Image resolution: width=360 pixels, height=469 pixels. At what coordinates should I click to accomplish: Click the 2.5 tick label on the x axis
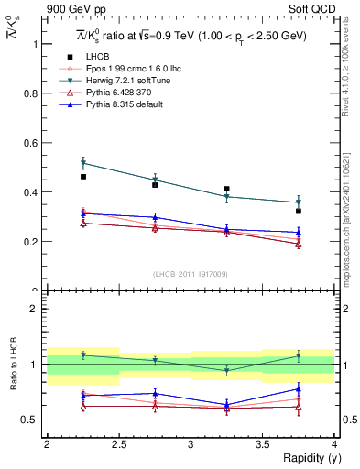(118, 444)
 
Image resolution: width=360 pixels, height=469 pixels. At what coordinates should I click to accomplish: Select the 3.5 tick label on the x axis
(262, 444)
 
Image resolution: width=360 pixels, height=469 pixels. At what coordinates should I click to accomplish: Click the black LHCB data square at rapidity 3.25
(226, 189)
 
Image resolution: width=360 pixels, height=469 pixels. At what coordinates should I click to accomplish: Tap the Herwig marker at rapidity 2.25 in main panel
(83, 163)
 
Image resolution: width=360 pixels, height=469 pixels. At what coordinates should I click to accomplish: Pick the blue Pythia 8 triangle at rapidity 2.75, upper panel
(155, 217)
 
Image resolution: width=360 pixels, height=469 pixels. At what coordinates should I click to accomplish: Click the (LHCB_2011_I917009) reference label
(190, 273)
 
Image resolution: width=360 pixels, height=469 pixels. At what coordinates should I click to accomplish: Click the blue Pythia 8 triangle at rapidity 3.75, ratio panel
(299, 388)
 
